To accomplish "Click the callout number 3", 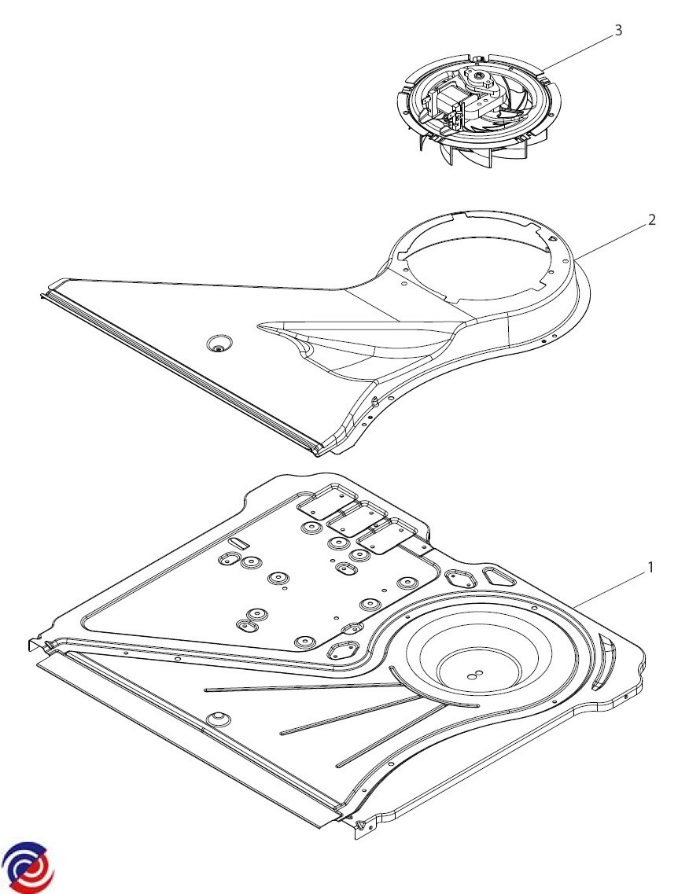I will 618,30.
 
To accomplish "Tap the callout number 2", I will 651,219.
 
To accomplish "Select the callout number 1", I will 650,566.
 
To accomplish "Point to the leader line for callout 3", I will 578,49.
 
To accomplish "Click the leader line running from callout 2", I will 613,237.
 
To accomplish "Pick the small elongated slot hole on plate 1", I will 238,543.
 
